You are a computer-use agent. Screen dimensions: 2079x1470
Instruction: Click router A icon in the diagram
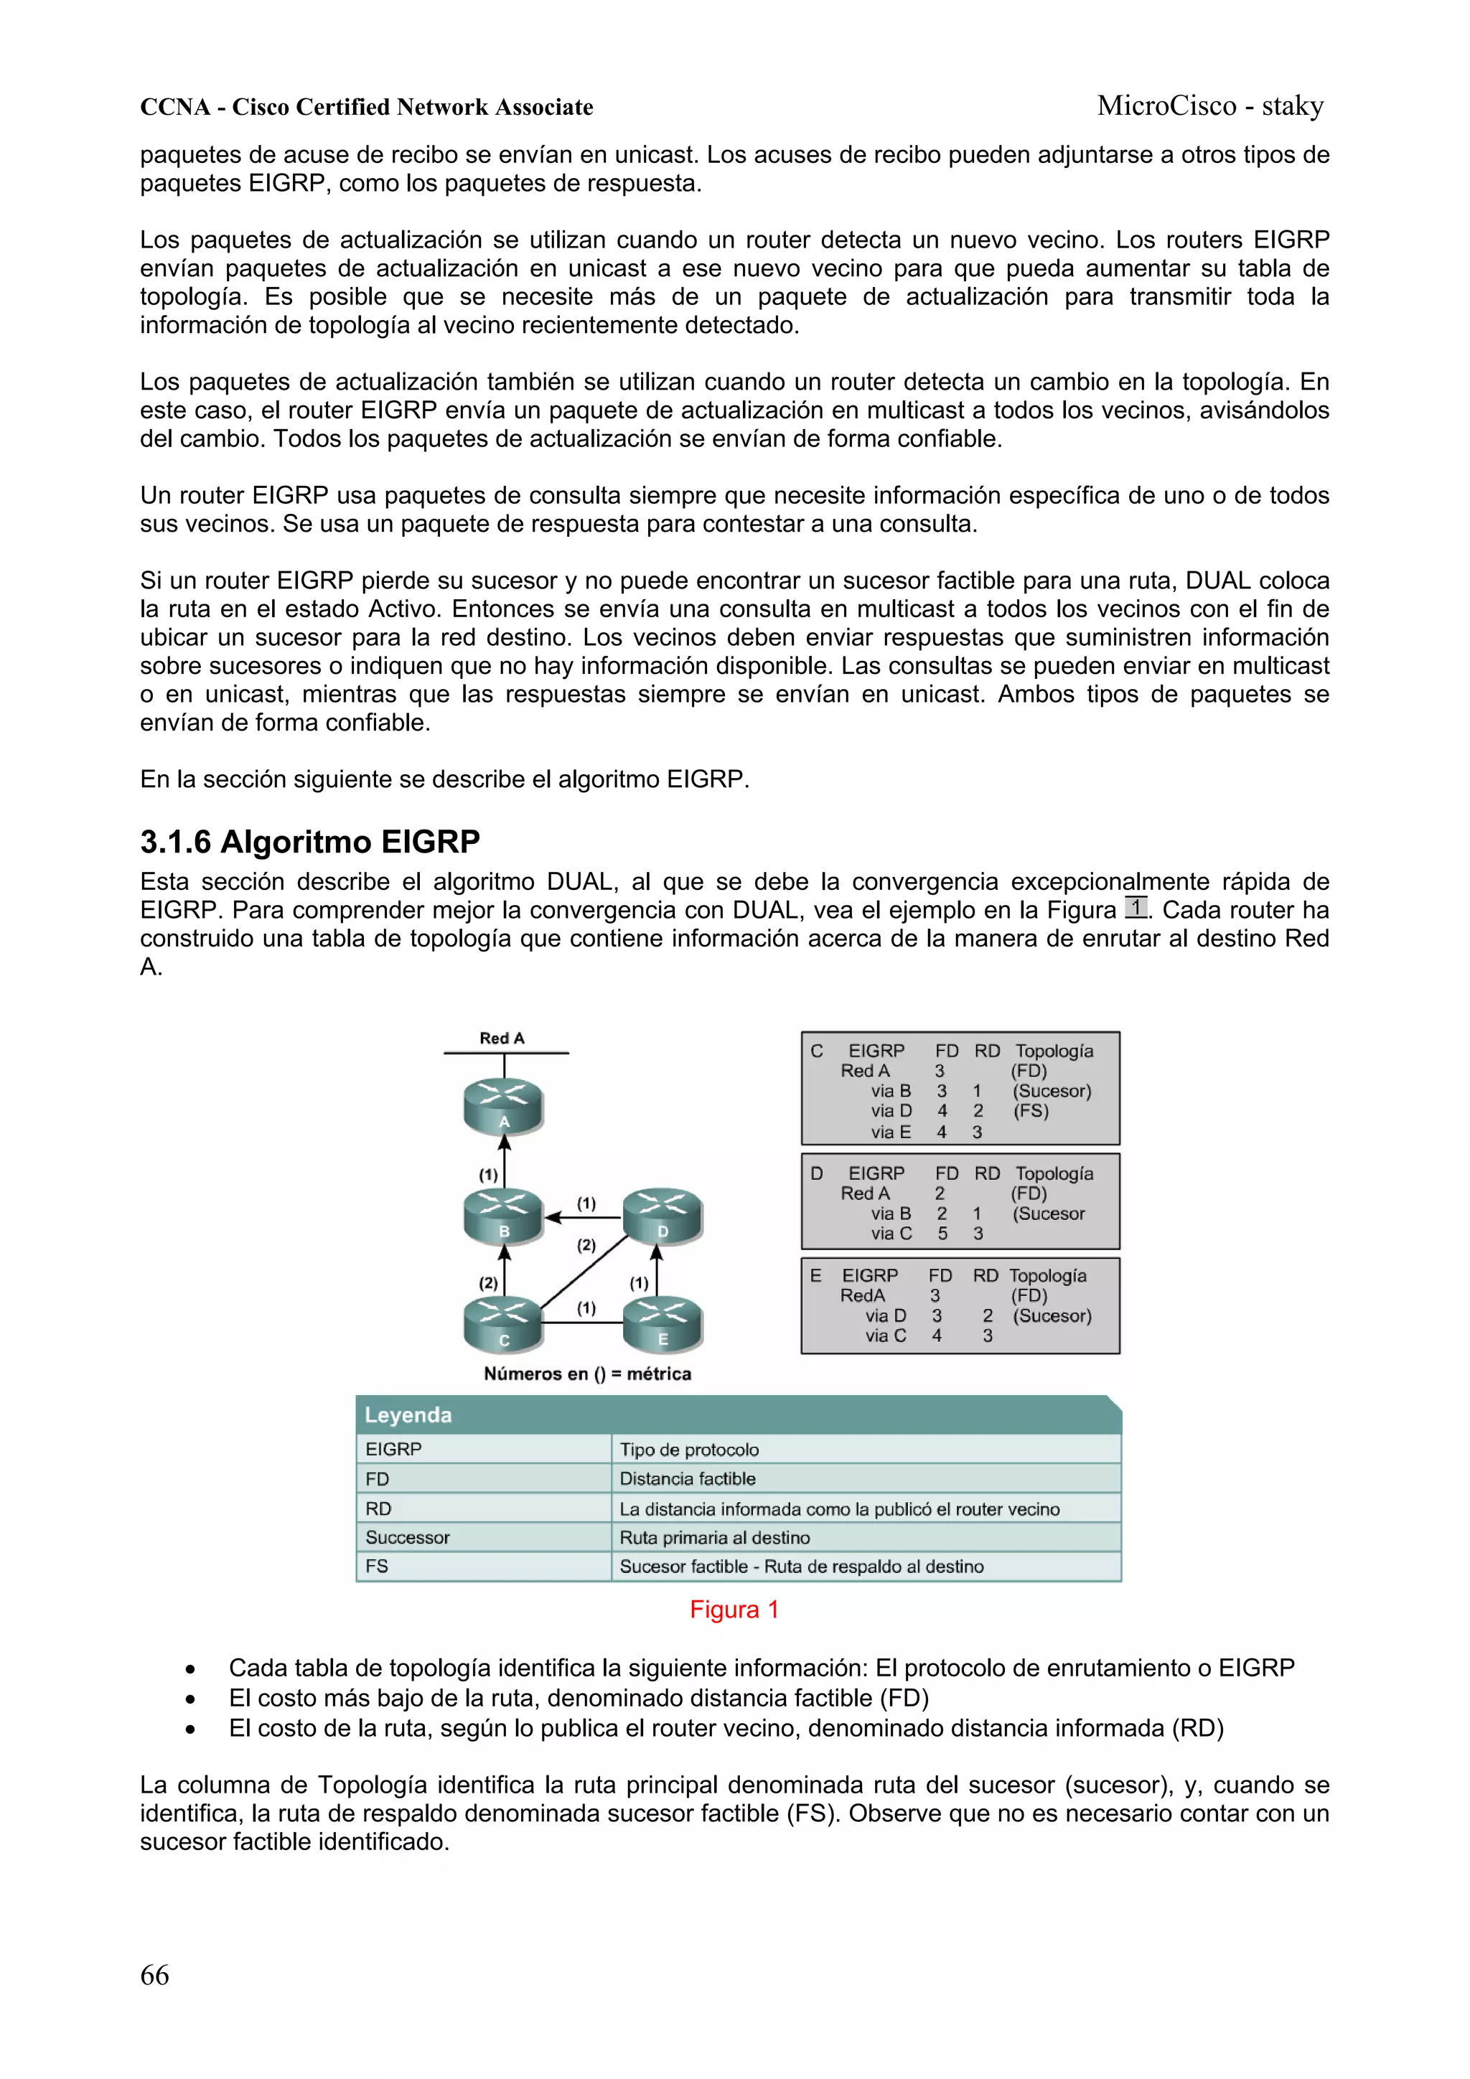click(x=504, y=1108)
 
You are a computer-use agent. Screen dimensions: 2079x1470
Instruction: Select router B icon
click(x=504, y=1217)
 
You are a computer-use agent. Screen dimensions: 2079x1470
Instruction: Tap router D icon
click(x=662, y=1217)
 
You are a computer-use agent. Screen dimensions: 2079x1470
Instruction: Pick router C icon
click(x=504, y=1325)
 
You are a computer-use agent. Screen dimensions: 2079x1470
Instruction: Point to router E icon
click(x=662, y=1325)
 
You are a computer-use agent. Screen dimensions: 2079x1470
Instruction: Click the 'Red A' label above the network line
click(x=502, y=1038)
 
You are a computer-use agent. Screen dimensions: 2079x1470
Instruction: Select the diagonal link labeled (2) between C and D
click(x=584, y=1270)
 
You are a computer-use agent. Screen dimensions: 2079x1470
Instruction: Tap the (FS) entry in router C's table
click(x=1031, y=1111)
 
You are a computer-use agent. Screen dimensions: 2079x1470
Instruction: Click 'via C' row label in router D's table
click(x=891, y=1234)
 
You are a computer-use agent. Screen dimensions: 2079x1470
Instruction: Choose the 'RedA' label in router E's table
click(x=861, y=1296)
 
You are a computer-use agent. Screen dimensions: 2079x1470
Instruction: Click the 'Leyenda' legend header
click(x=408, y=1415)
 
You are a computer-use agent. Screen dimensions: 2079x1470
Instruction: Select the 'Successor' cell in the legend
click(x=408, y=1537)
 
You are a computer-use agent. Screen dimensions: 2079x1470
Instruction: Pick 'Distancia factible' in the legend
click(x=688, y=1478)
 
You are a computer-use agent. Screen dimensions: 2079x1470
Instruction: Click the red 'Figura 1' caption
click(x=734, y=1609)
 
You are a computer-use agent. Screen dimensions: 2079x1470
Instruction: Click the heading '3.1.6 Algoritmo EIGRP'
click(x=310, y=842)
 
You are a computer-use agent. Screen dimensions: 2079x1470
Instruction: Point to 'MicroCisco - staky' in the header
click(x=1210, y=106)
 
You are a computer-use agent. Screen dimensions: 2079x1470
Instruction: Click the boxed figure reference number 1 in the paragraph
click(x=1135, y=907)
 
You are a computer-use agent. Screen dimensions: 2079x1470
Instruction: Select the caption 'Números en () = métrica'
click(x=587, y=1374)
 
